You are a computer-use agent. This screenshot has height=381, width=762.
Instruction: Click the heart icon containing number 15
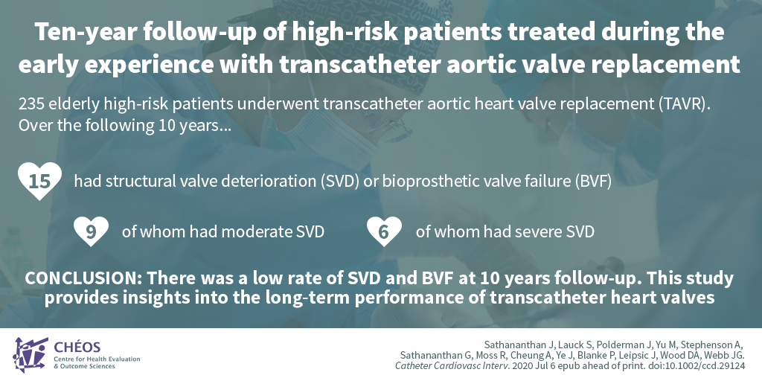pyautogui.click(x=40, y=181)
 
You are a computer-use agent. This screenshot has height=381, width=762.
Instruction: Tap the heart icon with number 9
pyautogui.click(x=92, y=231)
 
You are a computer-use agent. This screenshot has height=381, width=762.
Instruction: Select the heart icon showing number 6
pyautogui.click(x=385, y=231)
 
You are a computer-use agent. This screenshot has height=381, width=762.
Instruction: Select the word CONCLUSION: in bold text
pyautogui.click(x=83, y=278)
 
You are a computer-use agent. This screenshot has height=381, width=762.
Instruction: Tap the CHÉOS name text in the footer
pyautogui.click(x=77, y=347)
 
